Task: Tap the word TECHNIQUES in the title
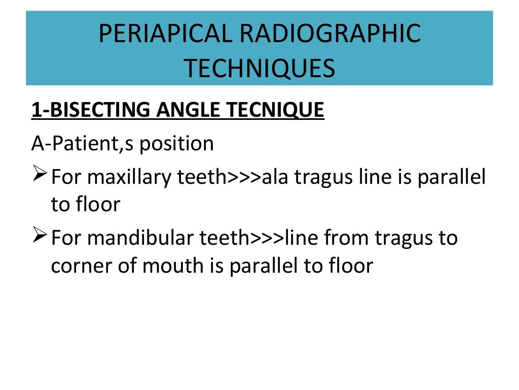click(x=259, y=68)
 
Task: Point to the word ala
click(x=277, y=177)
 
